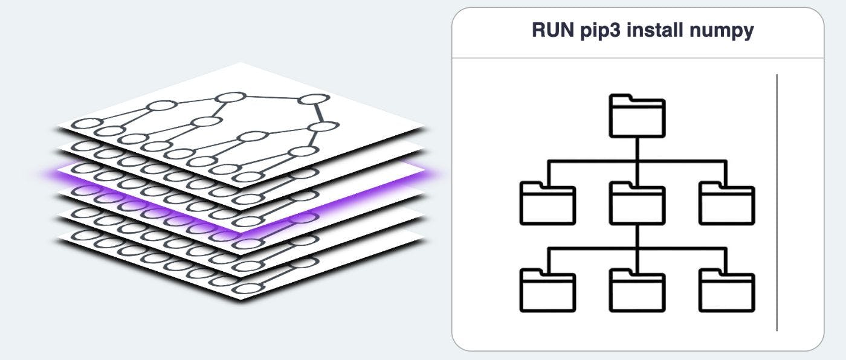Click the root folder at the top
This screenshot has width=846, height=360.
[x=637, y=116]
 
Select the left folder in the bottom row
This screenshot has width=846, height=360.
[x=547, y=292]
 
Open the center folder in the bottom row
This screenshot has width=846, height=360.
[x=637, y=292]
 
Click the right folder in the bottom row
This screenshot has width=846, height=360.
[x=726, y=292]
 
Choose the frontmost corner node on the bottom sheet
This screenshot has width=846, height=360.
[x=244, y=289]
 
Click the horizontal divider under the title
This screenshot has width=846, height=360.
[x=638, y=58]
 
